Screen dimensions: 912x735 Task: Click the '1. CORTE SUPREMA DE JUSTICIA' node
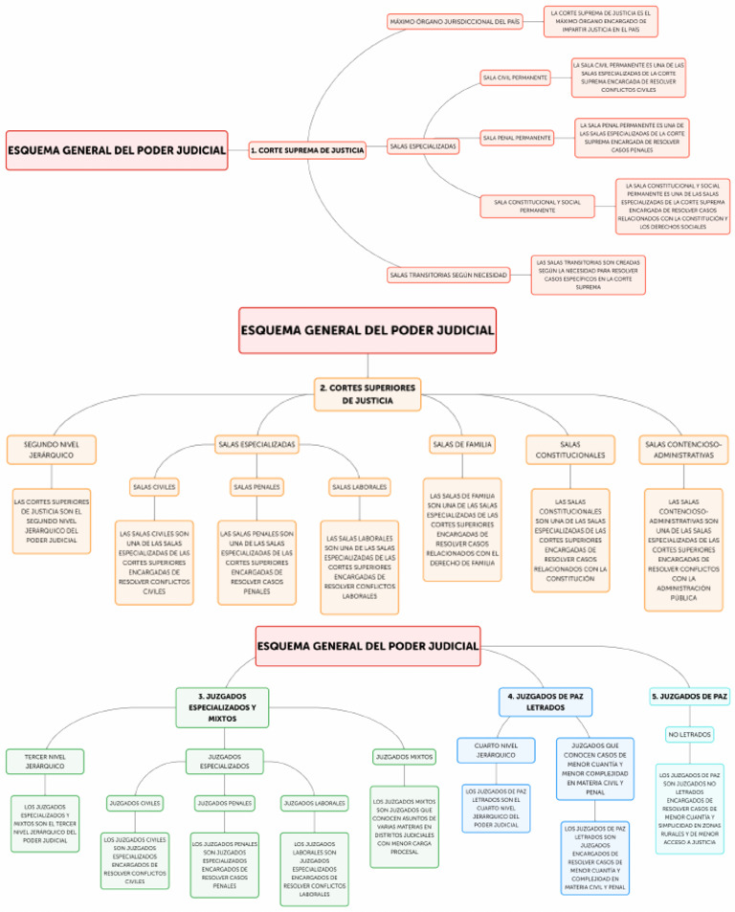click(307, 150)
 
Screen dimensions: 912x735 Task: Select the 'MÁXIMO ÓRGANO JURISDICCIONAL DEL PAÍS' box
click(455, 21)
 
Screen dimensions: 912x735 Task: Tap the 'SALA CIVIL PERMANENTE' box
click(515, 77)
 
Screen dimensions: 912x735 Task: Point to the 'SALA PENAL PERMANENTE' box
click(517, 138)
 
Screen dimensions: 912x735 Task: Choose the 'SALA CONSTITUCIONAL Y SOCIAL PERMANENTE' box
click(537, 206)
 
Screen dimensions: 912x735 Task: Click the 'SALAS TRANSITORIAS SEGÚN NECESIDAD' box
click(448, 275)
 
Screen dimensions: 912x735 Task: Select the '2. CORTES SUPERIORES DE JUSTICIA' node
click(367, 394)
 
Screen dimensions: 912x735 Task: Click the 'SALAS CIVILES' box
click(154, 487)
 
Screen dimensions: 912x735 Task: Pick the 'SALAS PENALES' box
click(256, 487)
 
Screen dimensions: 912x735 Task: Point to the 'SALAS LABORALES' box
click(360, 487)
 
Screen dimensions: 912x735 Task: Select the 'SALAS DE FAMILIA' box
click(461, 444)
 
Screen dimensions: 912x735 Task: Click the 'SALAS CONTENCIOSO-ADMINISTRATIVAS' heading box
click(683, 449)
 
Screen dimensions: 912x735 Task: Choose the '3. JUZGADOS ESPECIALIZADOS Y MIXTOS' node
click(222, 707)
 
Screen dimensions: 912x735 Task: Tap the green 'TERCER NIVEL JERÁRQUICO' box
click(45, 762)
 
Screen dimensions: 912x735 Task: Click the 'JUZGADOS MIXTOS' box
click(404, 757)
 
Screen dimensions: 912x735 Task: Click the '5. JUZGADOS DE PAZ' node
click(689, 696)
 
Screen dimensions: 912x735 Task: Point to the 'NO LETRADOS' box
click(689, 734)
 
